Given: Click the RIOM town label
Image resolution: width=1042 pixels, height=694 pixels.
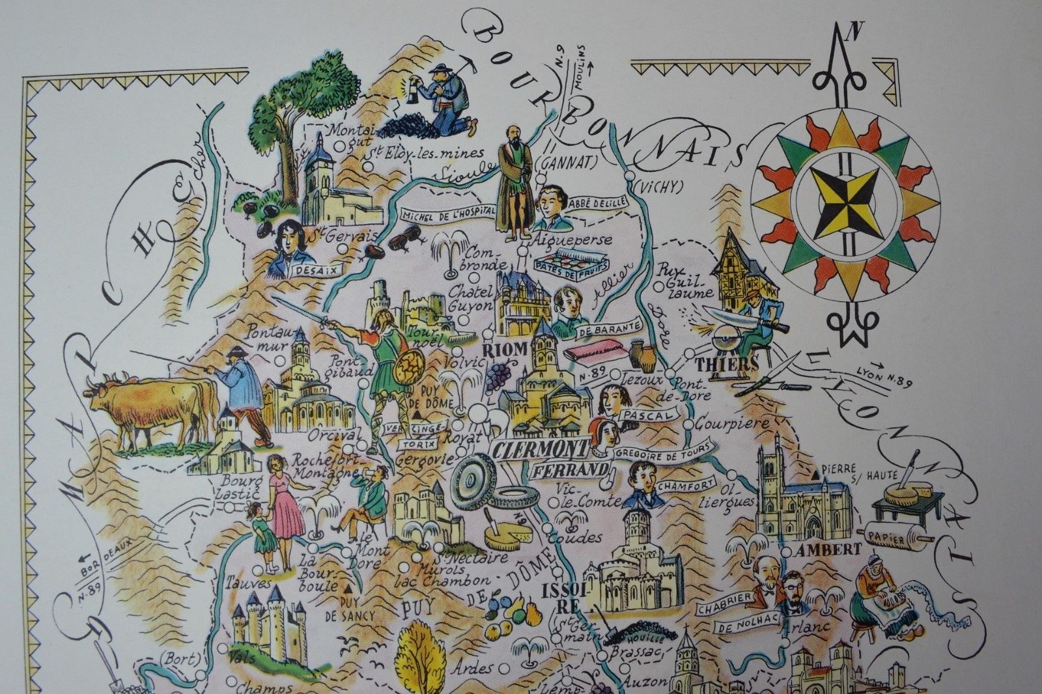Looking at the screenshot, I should (x=505, y=350).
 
